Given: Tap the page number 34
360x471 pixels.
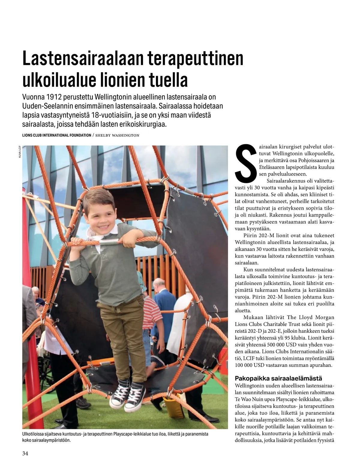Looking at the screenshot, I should (25, 453).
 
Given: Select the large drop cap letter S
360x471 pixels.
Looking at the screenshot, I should (246, 164).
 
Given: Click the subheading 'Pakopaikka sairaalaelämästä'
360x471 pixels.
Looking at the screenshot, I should (278, 378).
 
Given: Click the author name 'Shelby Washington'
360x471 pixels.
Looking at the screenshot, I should (117, 135).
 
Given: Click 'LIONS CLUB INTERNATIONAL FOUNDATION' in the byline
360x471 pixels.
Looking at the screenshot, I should (57, 135).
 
